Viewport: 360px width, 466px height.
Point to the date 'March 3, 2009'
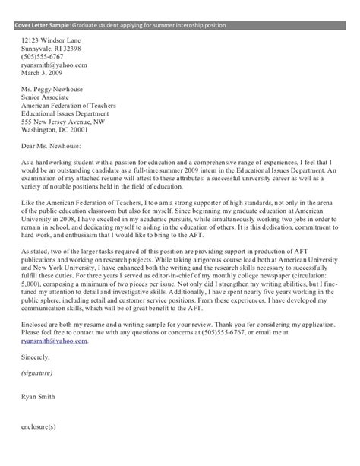click(45, 74)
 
